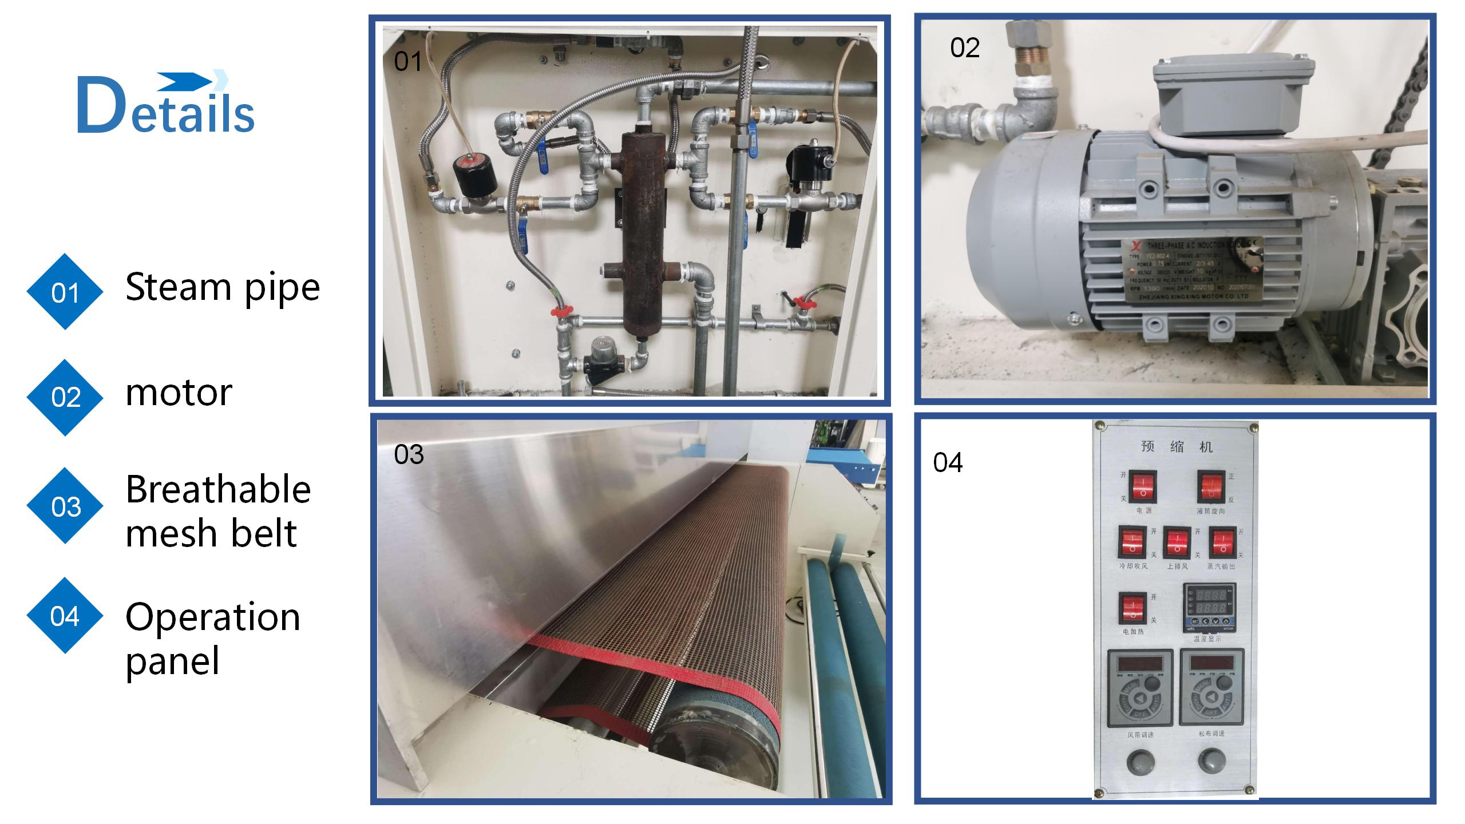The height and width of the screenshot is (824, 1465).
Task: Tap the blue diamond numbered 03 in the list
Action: coord(65,506)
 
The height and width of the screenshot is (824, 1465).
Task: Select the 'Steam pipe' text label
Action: coord(222,287)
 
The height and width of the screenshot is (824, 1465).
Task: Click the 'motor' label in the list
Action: coord(179,393)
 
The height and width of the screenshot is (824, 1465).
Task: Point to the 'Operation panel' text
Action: coord(212,638)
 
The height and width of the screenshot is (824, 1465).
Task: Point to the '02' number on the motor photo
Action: coord(965,47)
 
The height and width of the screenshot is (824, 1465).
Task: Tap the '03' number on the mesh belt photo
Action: coord(409,455)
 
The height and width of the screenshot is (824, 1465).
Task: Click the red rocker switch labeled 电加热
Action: coord(1133,608)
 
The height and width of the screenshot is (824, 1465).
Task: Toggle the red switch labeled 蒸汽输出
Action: coord(1222,542)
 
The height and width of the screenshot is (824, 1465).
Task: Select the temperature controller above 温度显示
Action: coord(1207,607)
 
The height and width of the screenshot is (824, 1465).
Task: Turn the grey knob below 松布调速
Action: coord(1211,761)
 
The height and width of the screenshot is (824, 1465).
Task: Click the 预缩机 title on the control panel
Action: coord(1177,446)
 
